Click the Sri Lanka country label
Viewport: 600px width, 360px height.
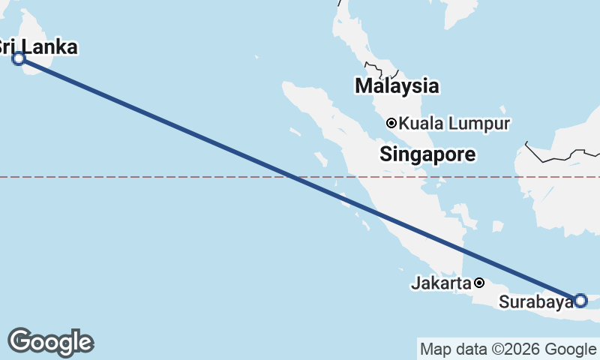37,47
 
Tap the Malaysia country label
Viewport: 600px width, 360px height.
397,85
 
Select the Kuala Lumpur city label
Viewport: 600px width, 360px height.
454,123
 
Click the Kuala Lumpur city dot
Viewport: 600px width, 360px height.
391,123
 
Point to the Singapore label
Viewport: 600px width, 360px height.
427,155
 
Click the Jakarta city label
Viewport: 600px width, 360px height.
441,283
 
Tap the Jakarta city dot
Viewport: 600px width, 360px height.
479,283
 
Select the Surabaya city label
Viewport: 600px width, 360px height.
535,302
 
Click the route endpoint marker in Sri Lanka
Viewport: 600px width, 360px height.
19,58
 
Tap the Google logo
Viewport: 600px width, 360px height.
50,342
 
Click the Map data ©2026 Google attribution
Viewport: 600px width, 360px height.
507,349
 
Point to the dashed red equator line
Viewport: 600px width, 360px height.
150,177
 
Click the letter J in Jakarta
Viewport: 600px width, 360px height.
415,283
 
